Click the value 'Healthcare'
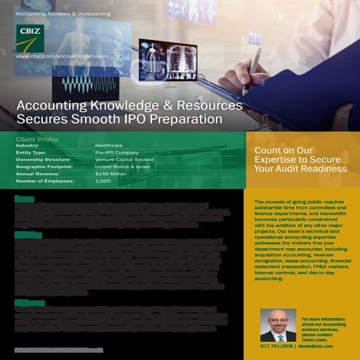pyautogui.click(x=109, y=145)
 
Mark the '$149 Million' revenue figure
pyautogui.click(x=112, y=173)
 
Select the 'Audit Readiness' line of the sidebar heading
pyautogui.click(x=300, y=169)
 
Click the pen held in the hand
pyautogui.click(x=255, y=65)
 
